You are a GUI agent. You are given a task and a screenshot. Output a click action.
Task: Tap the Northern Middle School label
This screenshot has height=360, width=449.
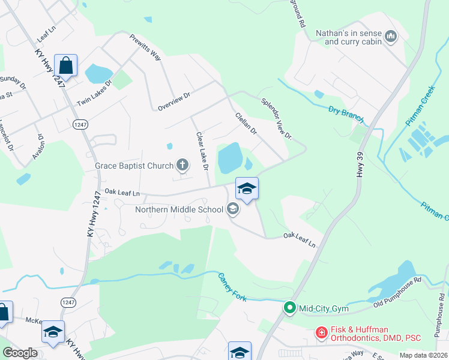click(x=179, y=209)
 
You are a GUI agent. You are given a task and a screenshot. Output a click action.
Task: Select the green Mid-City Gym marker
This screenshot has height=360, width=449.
click(x=289, y=308)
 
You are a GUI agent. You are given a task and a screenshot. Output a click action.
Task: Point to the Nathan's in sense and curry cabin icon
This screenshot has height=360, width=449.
click(x=391, y=37)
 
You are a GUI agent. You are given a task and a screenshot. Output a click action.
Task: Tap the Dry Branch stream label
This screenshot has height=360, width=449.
click(x=346, y=114)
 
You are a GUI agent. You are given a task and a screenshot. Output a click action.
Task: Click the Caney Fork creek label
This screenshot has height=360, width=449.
click(x=232, y=286)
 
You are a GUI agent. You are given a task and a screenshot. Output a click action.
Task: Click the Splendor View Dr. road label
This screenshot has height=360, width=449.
click(x=276, y=119)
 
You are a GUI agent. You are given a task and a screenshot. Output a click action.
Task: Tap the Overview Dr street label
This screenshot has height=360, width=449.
click(x=173, y=100)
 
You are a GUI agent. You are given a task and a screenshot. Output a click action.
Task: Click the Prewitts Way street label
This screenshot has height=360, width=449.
click(x=146, y=47)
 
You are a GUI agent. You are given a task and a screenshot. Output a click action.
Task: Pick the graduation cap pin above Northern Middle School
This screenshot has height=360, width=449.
click(x=247, y=188)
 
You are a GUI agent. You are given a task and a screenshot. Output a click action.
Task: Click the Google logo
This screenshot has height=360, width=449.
click(x=20, y=353)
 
